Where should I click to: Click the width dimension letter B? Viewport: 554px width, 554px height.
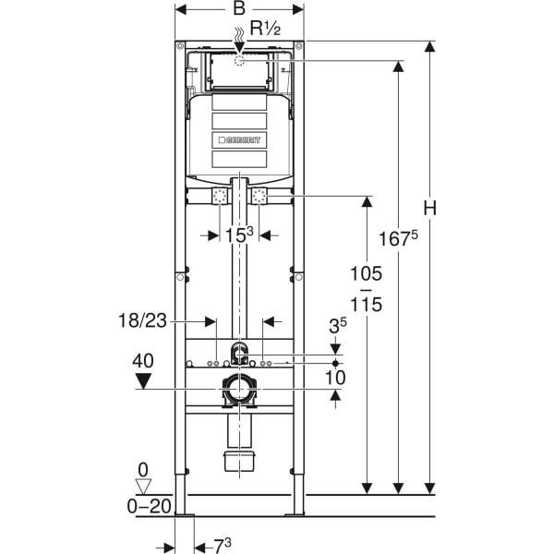[x=239, y=8]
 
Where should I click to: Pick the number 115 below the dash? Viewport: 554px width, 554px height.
[x=366, y=306]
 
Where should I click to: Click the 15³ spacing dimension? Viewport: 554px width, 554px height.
[x=238, y=235]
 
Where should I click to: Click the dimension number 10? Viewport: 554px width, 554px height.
[x=336, y=376]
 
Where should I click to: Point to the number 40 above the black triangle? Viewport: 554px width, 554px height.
[x=143, y=361]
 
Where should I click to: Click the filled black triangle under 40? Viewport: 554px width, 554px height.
[x=143, y=379]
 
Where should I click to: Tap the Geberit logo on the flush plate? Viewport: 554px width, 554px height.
[x=239, y=140]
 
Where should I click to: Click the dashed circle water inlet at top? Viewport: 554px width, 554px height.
[x=239, y=62]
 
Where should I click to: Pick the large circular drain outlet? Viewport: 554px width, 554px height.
[x=239, y=389]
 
